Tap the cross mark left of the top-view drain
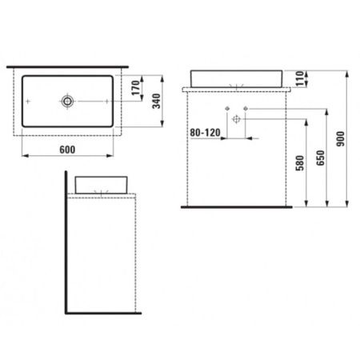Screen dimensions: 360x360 pyautogui.click(x=30, y=102)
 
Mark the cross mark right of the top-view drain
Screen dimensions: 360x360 pyautogui.click(x=106, y=102)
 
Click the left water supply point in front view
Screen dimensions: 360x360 pyautogui.click(x=227, y=109)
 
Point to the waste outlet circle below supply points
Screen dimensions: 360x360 pyautogui.click(x=237, y=118)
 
